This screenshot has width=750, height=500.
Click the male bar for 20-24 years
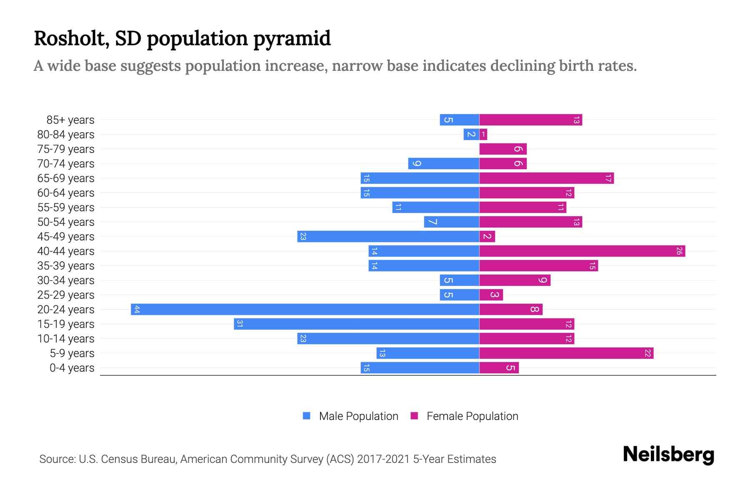(x=305, y=309)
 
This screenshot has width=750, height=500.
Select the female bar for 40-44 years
(x=582, y=251)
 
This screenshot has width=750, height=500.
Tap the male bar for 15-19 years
(x=357, y=324)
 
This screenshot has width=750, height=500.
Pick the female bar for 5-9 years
(x=566, y=353)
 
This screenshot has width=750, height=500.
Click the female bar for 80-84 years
(x=483, y=134)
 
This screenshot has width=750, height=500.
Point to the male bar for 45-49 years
(x=388, y=236)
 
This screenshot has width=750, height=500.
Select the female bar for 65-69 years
(x=547, y=178)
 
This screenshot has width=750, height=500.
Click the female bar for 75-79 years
(x=503, y=149)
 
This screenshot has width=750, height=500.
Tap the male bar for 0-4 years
(x=420, y=367)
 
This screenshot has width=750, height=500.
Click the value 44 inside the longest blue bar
(x=137, y=309)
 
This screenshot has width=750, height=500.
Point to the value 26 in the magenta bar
(x=679, y=251)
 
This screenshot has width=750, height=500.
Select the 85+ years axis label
(x=70, y=120)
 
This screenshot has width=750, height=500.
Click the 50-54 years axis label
(x=66, y=222)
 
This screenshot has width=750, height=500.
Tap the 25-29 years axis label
(x=66, y=295)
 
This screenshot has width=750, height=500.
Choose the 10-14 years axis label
(x=66, y=339)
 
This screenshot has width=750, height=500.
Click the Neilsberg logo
(x=668, y=454)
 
